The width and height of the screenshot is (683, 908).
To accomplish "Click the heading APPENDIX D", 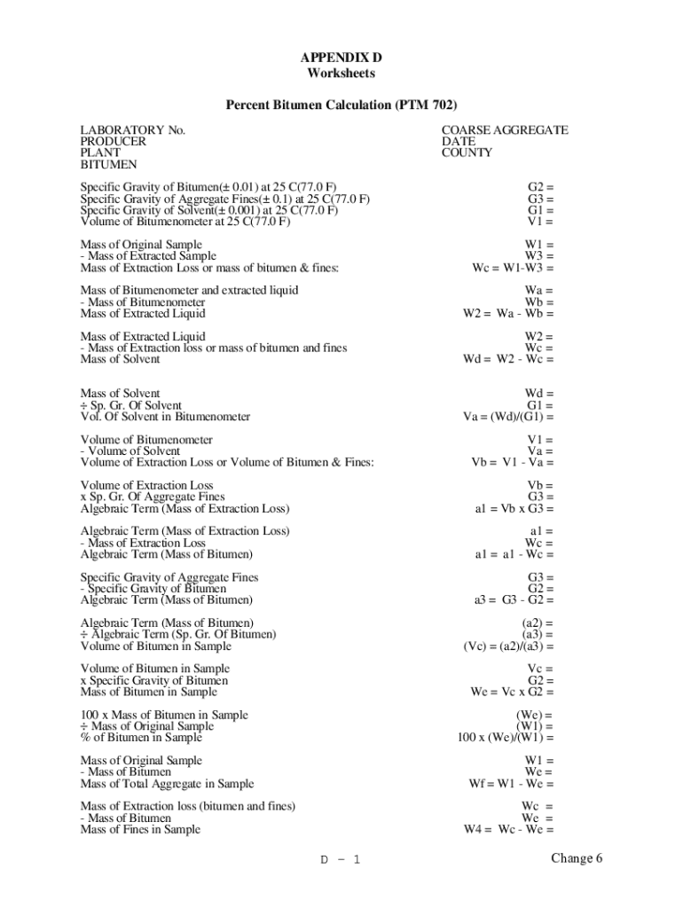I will (x=341, y=58).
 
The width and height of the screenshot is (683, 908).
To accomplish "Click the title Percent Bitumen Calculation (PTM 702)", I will (x=341, y=106).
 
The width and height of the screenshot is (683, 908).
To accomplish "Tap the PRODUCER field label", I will (x=114, y=142).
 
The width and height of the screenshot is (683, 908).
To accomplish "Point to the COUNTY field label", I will (x=467, y=153).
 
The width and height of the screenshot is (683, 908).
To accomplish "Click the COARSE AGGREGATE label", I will (x=505, y=130).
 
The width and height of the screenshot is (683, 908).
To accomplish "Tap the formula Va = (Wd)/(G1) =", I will (x=508, y=417).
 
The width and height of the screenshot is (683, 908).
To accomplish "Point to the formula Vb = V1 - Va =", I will (x=512, y=462).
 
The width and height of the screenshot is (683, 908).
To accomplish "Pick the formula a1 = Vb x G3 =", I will (x=514, y=509).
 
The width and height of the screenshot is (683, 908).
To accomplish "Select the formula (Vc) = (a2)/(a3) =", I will (x=508, y=646).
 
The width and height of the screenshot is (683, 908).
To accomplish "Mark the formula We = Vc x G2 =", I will (x=512, y=692).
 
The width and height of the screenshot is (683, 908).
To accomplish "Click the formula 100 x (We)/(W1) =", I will (x=506, y=738).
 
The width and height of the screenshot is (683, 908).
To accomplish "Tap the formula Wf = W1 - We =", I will (x=511, y=784).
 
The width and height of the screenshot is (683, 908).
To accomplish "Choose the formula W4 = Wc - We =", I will (x=508, y=830).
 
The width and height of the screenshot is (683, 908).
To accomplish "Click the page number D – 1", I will (x=340, y=859).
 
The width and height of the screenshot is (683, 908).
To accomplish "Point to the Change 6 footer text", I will (x=577, y=857).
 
